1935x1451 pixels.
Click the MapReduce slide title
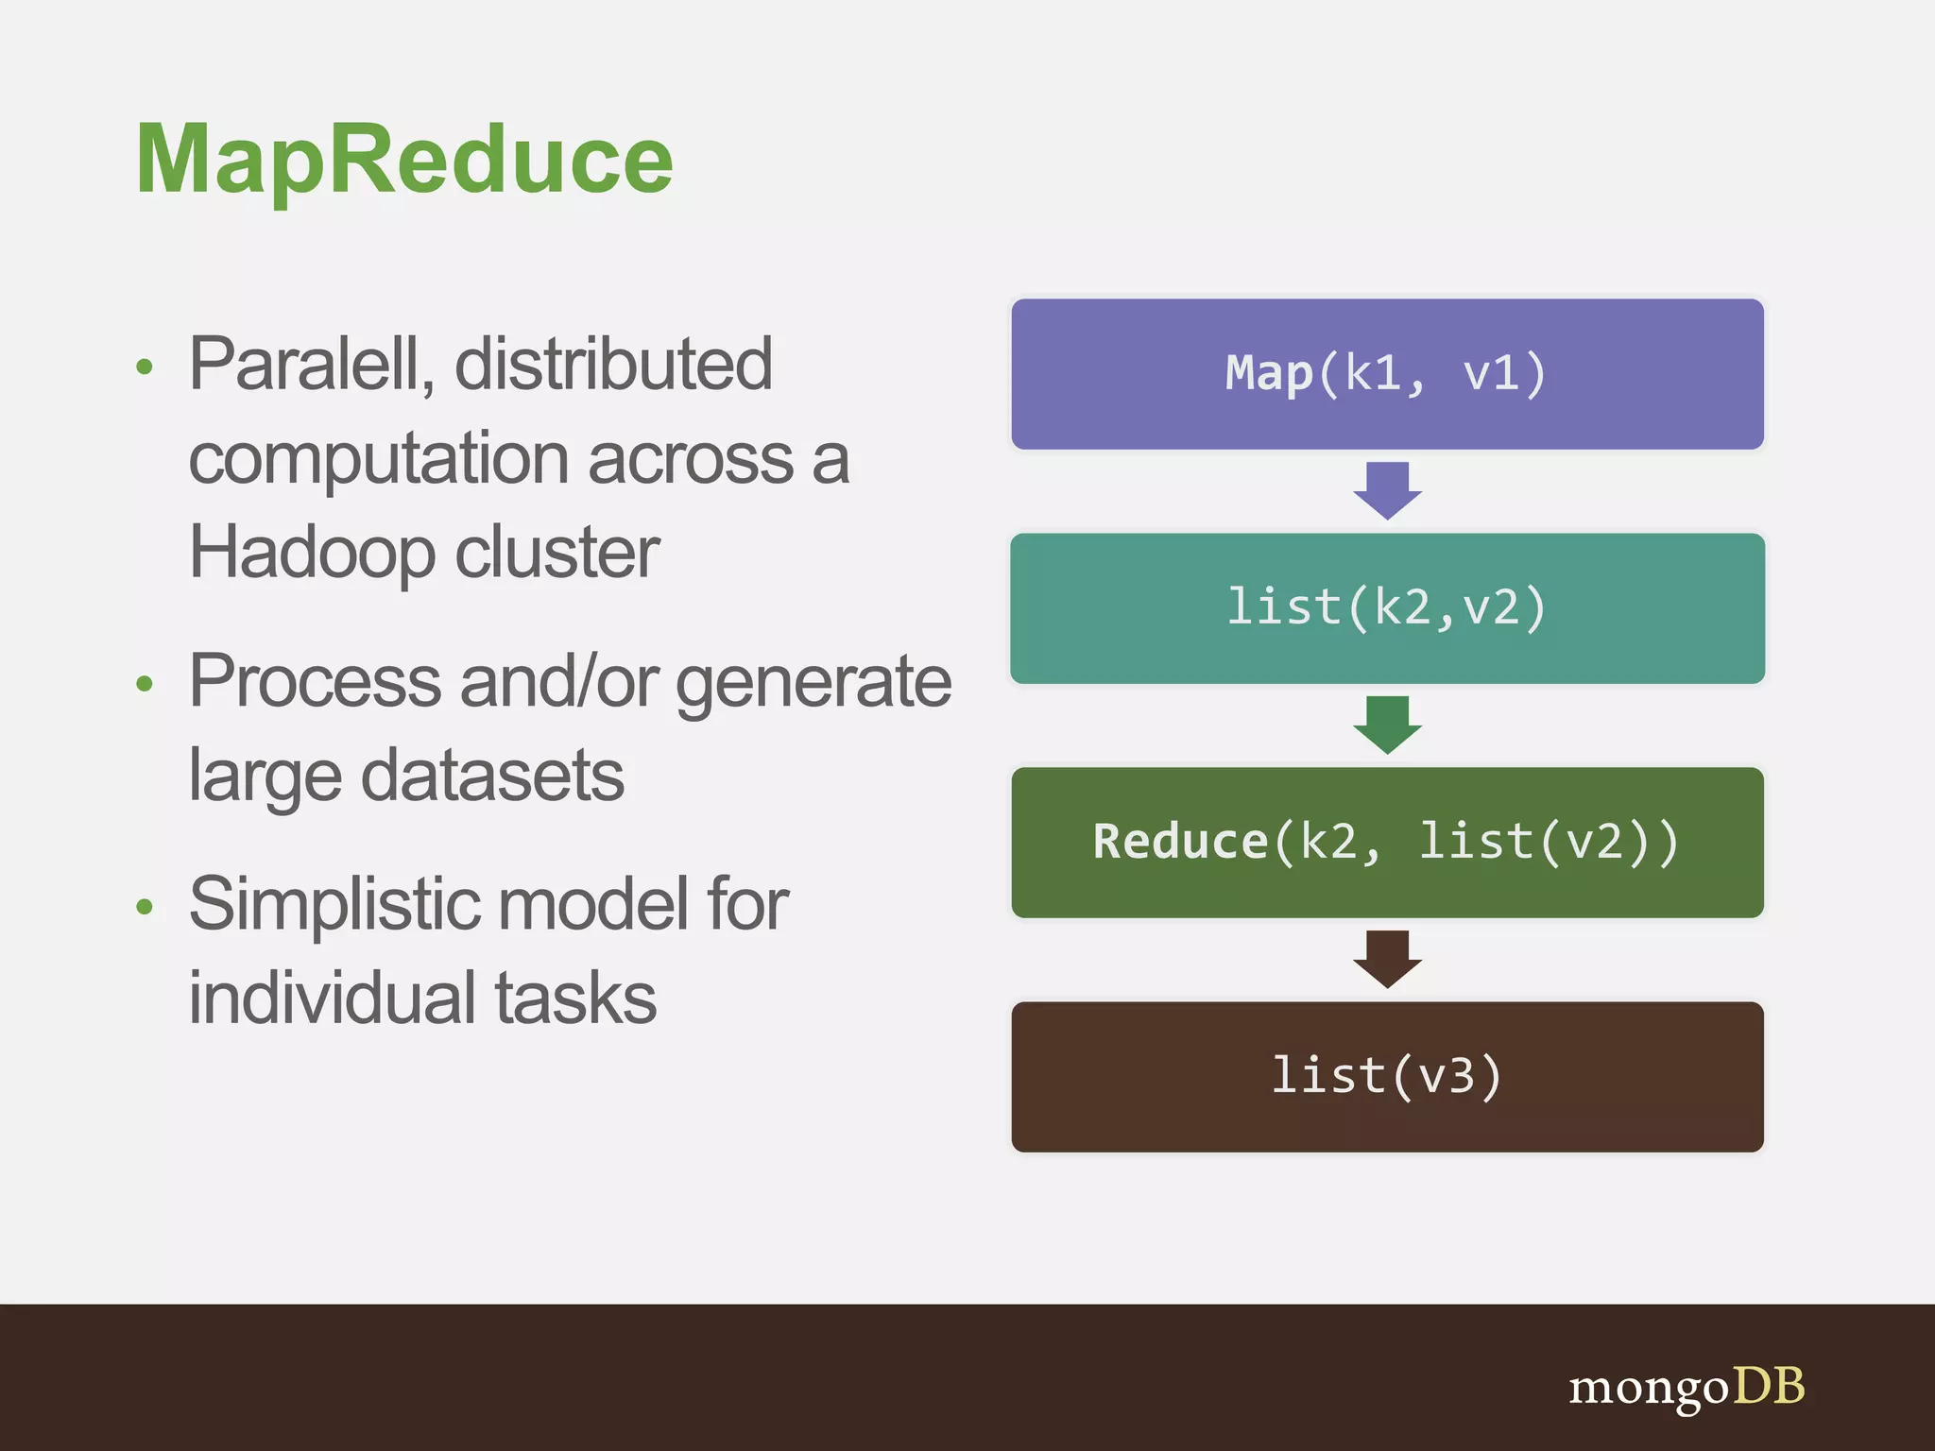point(404,161)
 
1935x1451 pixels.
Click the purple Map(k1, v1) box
point(1386,374)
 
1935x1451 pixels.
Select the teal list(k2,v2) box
point(1386,608)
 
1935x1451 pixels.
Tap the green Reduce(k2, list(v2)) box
point(1386,843)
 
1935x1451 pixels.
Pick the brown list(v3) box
point(1386,1077)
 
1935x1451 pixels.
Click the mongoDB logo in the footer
point(1687,1387)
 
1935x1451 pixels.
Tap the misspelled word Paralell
point(310,365)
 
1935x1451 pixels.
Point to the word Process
point(315,681)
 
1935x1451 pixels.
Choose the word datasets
point(492,776)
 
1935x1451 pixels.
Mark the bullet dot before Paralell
point(145,367)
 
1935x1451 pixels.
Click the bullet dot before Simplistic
point(145,907)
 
